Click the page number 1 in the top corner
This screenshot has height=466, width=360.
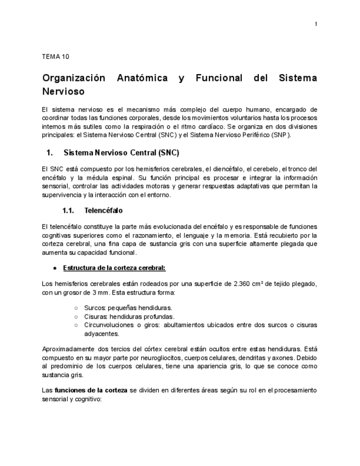316,24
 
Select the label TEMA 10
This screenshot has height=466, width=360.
55,57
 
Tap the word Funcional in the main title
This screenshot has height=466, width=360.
219,78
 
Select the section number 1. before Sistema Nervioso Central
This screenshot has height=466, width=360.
49,152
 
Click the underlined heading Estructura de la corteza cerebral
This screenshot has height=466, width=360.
114,268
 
